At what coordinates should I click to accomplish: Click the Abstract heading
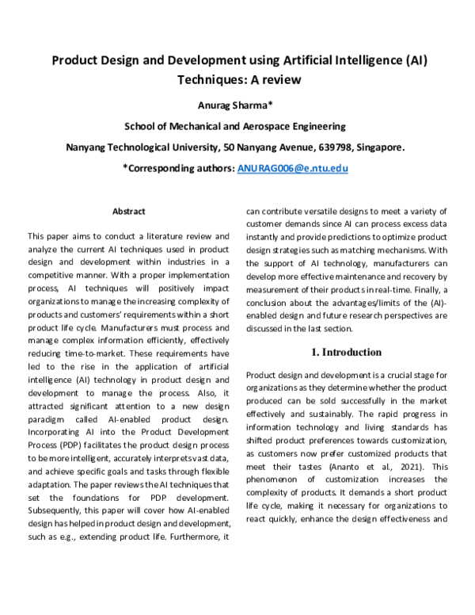click(x=128, y=212)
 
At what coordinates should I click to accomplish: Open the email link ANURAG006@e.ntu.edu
click(x=293, y=169)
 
